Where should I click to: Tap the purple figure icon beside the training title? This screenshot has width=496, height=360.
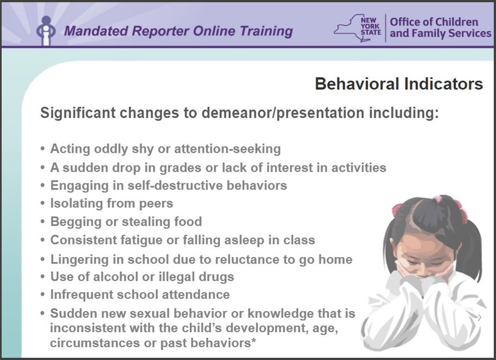pyautogui.click(x=46, y=31)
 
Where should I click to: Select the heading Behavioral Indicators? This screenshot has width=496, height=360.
pyautogui.click(x=399, y=84)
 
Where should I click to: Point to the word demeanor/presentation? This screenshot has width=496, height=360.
pyautogui.click(x=283, y=113)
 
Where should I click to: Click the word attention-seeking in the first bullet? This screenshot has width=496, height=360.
pyautogui.click(x=227, y=149)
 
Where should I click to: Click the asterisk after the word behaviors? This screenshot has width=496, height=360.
pyautogui.click(x=253, y=341)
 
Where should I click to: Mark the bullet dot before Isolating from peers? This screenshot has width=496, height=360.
pyautogui.click(x=43, y=203)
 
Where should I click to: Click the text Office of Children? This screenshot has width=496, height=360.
pyautogui.click(x=434, y=22)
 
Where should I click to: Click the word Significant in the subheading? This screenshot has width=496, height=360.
pyautogui.click(x=78, y=113)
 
